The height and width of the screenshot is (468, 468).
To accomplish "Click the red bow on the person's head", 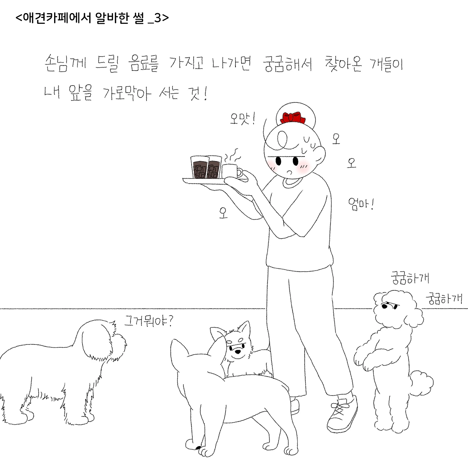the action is pos(292,118).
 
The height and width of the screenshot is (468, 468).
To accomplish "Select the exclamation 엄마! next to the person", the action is pos(361,205).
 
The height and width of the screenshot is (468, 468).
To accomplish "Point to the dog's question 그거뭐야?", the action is pos(149,321).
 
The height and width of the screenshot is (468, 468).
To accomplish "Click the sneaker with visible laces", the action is pos(343,415).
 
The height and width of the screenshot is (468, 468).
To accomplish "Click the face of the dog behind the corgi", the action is pos(238,348).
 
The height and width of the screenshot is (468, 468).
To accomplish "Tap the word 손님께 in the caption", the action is pos(65,63).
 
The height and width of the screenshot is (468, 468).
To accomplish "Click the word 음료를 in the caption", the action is pos(143,64).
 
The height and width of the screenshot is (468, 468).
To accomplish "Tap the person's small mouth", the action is pos(289,173).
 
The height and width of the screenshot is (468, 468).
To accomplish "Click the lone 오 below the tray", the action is pos(223,213).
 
